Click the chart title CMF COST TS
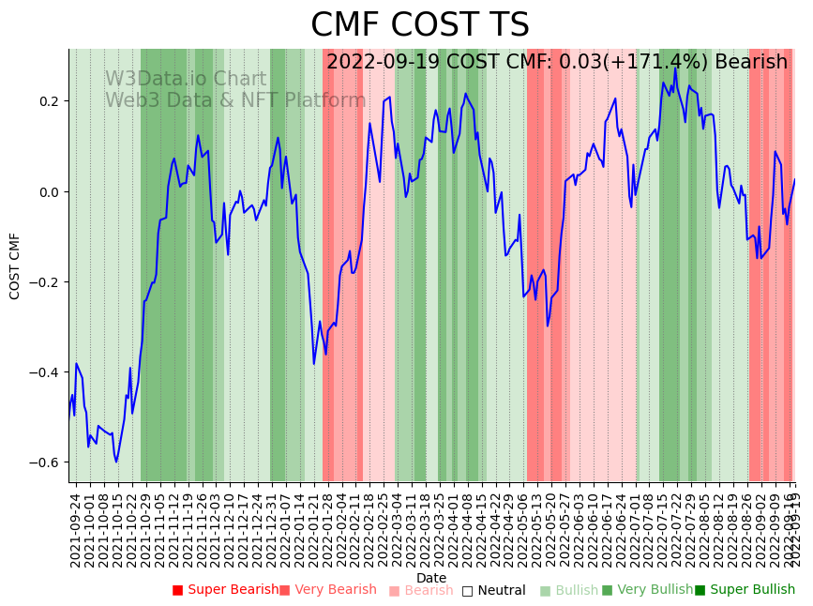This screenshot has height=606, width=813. [x=419, y=25]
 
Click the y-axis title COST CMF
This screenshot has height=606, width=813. [x=15, y=265]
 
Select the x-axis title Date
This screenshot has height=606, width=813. [x=431, y=578]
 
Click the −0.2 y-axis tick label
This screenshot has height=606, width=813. [x=44, y=282]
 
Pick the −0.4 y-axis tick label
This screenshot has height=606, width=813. [x=44, y=372]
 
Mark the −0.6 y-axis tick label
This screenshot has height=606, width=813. [x=44, y=462]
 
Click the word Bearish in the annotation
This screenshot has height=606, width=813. [x=751, y=62]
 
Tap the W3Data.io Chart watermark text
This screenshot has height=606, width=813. [x=186, y=80]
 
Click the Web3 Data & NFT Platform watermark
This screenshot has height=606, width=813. [x=235, y=100]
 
